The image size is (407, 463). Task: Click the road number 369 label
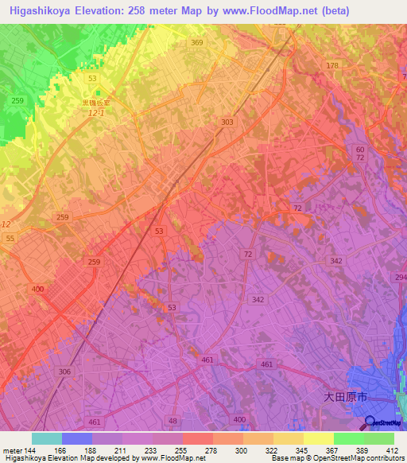tap(196, 43)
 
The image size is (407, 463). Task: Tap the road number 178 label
tap(332, 65)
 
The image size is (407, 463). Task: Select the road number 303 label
tap(228, 122)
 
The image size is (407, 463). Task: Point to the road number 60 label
tap(360, 150)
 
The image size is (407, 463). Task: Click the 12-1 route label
tap(98, 114)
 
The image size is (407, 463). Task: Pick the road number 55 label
tap(10, 239)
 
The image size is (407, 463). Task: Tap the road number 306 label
tap(64, 372)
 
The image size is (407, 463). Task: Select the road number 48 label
tap(174, 421)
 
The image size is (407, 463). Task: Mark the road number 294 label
tap(399, 277)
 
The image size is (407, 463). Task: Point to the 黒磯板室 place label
tap(99, 103)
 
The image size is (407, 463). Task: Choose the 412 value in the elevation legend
tap(393, 450)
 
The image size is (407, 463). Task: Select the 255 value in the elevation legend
tap(182, 450)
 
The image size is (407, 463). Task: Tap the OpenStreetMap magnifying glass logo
tap(370, 423)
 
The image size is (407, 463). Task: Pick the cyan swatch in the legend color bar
tap(47, 438)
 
